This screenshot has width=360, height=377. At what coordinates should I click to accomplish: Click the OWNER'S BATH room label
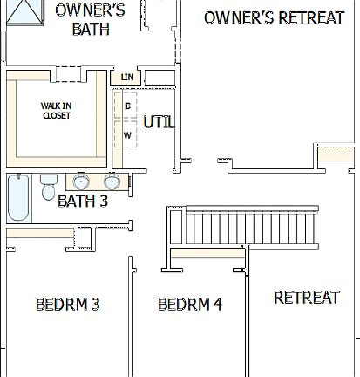[x=90, y=19]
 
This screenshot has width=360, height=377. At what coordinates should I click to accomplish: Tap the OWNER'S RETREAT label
[x=274, y=17]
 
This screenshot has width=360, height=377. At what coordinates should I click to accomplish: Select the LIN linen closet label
[x=126, y=78]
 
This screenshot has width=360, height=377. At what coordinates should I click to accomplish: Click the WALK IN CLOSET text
[x=56, y=111]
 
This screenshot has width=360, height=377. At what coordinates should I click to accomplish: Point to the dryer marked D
[x=127, y=106]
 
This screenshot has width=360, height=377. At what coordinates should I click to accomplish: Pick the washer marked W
[x=127, y=135]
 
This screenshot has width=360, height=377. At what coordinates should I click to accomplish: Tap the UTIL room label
[x=160, y=122]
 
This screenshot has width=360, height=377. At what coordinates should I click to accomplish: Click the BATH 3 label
[x=83, y=202]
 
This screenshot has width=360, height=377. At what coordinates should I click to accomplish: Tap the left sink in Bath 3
[x=82, y=182]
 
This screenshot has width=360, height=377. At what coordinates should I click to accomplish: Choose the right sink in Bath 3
[x=112, y=182]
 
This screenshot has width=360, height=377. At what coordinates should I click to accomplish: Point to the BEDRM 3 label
[x=67, y=304]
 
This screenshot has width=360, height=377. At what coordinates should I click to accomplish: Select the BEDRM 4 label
[x=190, y=304]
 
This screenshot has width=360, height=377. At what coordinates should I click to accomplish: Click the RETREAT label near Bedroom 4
[x=306, y=298]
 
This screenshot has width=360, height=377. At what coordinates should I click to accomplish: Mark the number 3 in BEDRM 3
[x=95, y=304]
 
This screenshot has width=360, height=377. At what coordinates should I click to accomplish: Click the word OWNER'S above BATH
[x=90, y=10]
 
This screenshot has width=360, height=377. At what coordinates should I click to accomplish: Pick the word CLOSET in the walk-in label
[x=56, y=116]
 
